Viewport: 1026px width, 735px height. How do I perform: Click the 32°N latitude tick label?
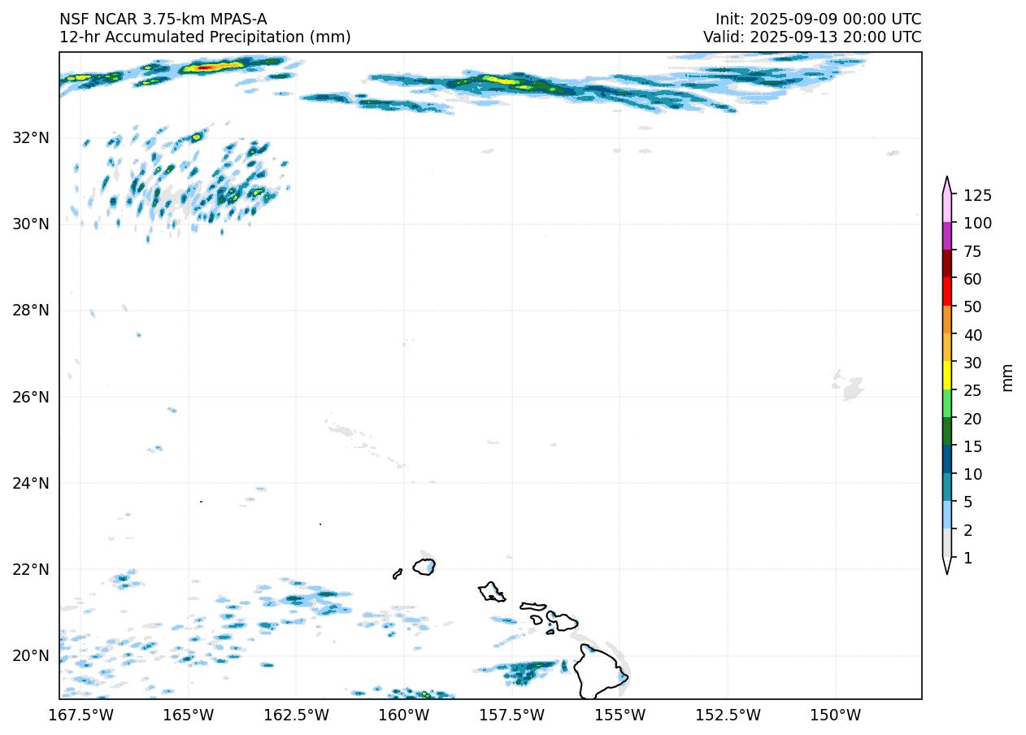[x=31, y=137]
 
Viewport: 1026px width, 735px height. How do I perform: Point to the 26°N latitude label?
[x=31, y=397]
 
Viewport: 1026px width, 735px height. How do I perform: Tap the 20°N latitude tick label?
[x=31, y=655]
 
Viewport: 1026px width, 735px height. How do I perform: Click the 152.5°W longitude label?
[x=728, y=715]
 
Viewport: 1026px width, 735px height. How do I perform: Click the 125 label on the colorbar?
[x=977, y=195]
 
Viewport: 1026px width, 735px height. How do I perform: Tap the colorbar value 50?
[x=972, y=307]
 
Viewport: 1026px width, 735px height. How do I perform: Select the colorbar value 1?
[x=967, y=558]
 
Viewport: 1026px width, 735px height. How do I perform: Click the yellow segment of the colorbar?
[x=947, y=376]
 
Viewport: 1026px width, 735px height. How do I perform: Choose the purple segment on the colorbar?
[x=947, y=237]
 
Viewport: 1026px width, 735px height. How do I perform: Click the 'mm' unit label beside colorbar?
[x=1008, y=376]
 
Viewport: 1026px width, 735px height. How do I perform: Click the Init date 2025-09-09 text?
[x=818, y=19]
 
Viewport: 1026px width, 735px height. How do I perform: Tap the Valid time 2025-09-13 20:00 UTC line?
[x=812, y=37]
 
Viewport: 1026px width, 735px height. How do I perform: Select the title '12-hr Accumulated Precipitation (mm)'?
[x=205, y=37]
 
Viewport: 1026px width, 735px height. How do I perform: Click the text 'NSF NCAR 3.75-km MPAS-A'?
[x=163, y=19]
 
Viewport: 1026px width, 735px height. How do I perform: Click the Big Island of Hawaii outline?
[x=600, y=672]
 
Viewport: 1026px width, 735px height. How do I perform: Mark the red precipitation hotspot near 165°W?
[x=206, y=67]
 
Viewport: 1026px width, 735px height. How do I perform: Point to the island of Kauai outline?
[x=424, y=566]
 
